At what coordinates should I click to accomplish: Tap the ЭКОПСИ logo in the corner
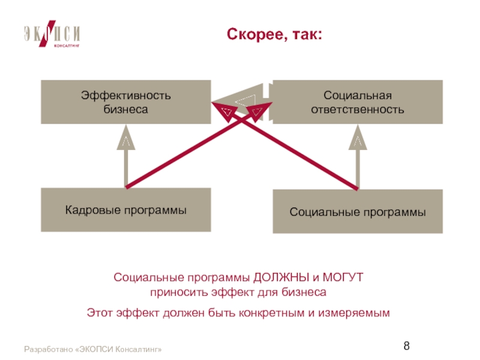pyautogui.click(x=52, y=36)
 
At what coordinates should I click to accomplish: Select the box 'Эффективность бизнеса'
pyautogui.click(x=125, y=102)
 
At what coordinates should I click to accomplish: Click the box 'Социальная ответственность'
pyautogui.click(x=358, y=102)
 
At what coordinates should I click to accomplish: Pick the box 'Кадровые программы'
pyautogui.click(x=125, y=210)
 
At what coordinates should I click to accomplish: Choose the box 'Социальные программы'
pyautogui.click(x=358, y=212)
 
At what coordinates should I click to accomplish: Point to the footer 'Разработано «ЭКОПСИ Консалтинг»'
pyautogui.click(x=93, y=349)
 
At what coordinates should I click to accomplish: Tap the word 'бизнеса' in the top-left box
pyautogui.click(x=125, y=110)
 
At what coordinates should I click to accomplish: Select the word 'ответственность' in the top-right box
pyautogui.click(x=358, y=110)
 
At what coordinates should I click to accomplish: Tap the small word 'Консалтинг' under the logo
pyautogui.click(x=68, y=45)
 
